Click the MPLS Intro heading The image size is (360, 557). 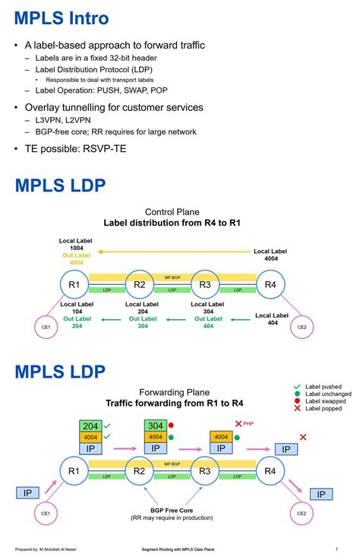[61, 17]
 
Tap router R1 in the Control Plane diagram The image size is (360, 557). [74, 285]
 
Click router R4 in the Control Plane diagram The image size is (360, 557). [270, 285]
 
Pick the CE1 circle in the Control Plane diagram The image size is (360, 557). [46, 328]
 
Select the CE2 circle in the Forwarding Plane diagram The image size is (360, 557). [301, 514]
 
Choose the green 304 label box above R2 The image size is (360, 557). [156, 426]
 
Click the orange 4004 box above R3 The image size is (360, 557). [221, 437]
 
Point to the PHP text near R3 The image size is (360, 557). [248, 423]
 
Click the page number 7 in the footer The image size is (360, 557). [336, 549]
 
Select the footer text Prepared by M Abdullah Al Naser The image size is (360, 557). [48, 549]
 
